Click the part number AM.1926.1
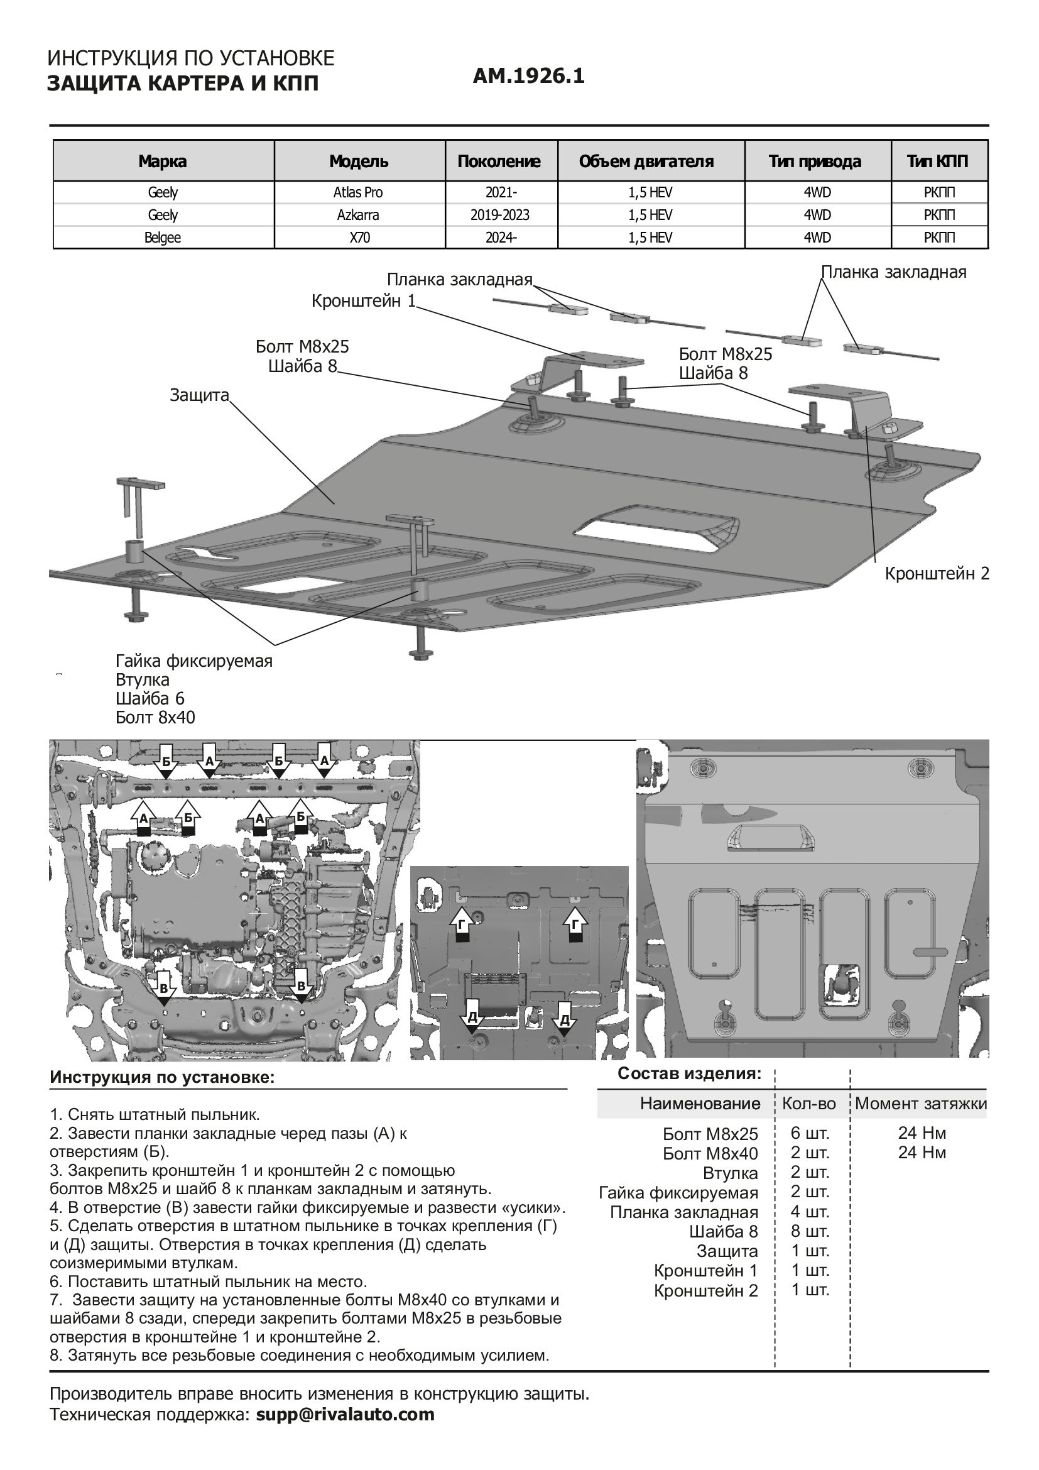[x=528, y=77]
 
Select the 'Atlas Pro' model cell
[x=359, y=192]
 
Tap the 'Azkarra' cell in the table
[x=359, y=214]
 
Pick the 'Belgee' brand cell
[x=163, y=238]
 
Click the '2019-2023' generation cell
[x=499, y=214]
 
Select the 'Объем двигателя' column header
[x=646, y=161]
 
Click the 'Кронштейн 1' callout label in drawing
[x=363, y=300]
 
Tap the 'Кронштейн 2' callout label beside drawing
[x=937, y=573]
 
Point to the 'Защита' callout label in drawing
[x=199, y=395]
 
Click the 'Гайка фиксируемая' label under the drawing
[x=194, y=661]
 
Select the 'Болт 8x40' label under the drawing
[x=155, y=717]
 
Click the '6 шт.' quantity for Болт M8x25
[x=810, y=1133]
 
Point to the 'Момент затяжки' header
[x=921, y=1103]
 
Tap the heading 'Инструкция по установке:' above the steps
[x=162, y=1077]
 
